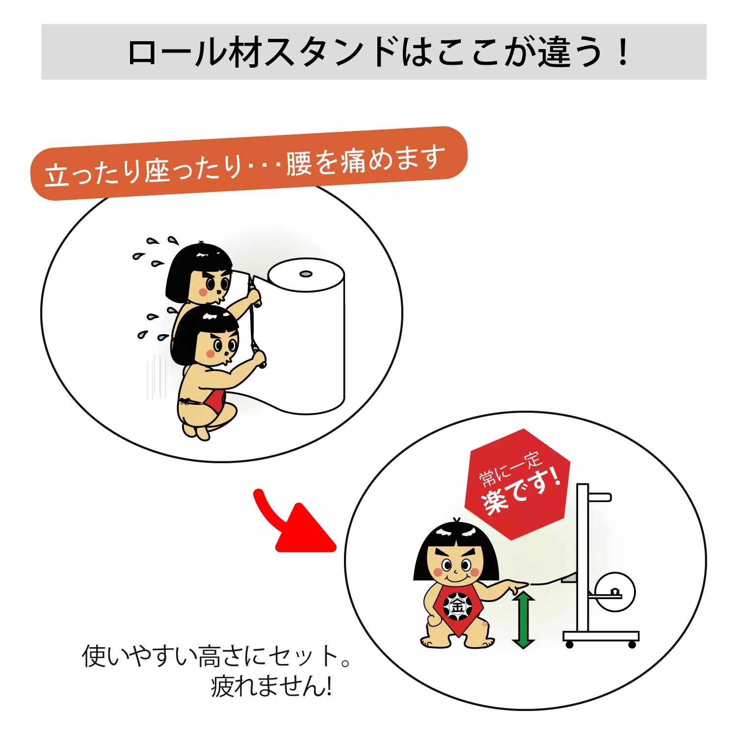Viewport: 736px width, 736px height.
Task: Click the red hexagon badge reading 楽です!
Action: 518,486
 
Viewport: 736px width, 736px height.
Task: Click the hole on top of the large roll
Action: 306,273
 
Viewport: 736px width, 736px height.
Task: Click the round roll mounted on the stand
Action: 615,592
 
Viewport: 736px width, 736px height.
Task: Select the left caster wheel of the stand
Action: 569,644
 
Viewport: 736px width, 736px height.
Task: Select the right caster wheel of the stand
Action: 632,644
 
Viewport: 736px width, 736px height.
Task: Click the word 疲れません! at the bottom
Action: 271,686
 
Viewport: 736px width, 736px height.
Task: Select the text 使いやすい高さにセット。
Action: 216,657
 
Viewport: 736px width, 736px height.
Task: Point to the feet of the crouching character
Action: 196,432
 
